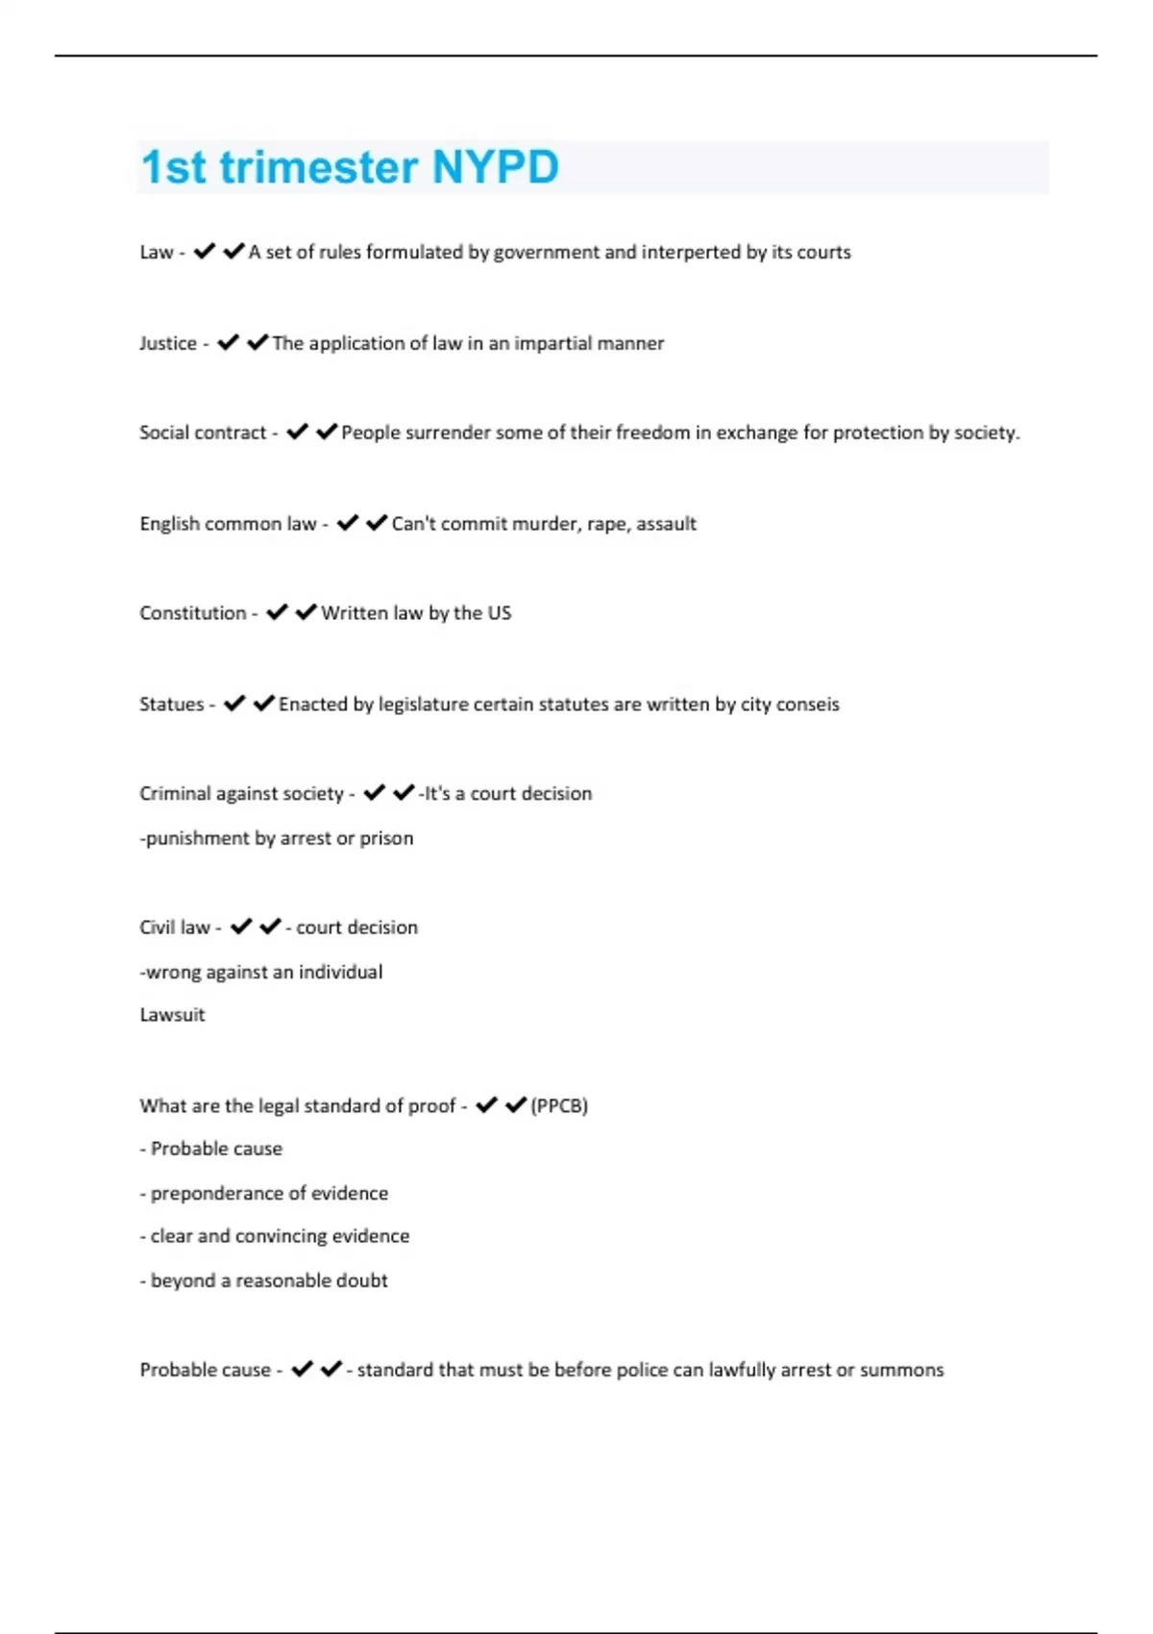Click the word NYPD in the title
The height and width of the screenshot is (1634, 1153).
495,167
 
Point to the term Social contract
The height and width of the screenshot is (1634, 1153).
203,433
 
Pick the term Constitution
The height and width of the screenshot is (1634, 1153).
192,613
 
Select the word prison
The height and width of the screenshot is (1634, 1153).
386,838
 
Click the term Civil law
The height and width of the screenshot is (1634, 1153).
174,928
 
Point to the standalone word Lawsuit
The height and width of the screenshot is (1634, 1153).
172,1015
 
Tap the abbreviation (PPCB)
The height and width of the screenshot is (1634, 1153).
559,1106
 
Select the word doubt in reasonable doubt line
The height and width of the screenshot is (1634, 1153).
361,1280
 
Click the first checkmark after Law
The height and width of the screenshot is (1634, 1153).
204,252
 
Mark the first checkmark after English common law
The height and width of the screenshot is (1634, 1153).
348,523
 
